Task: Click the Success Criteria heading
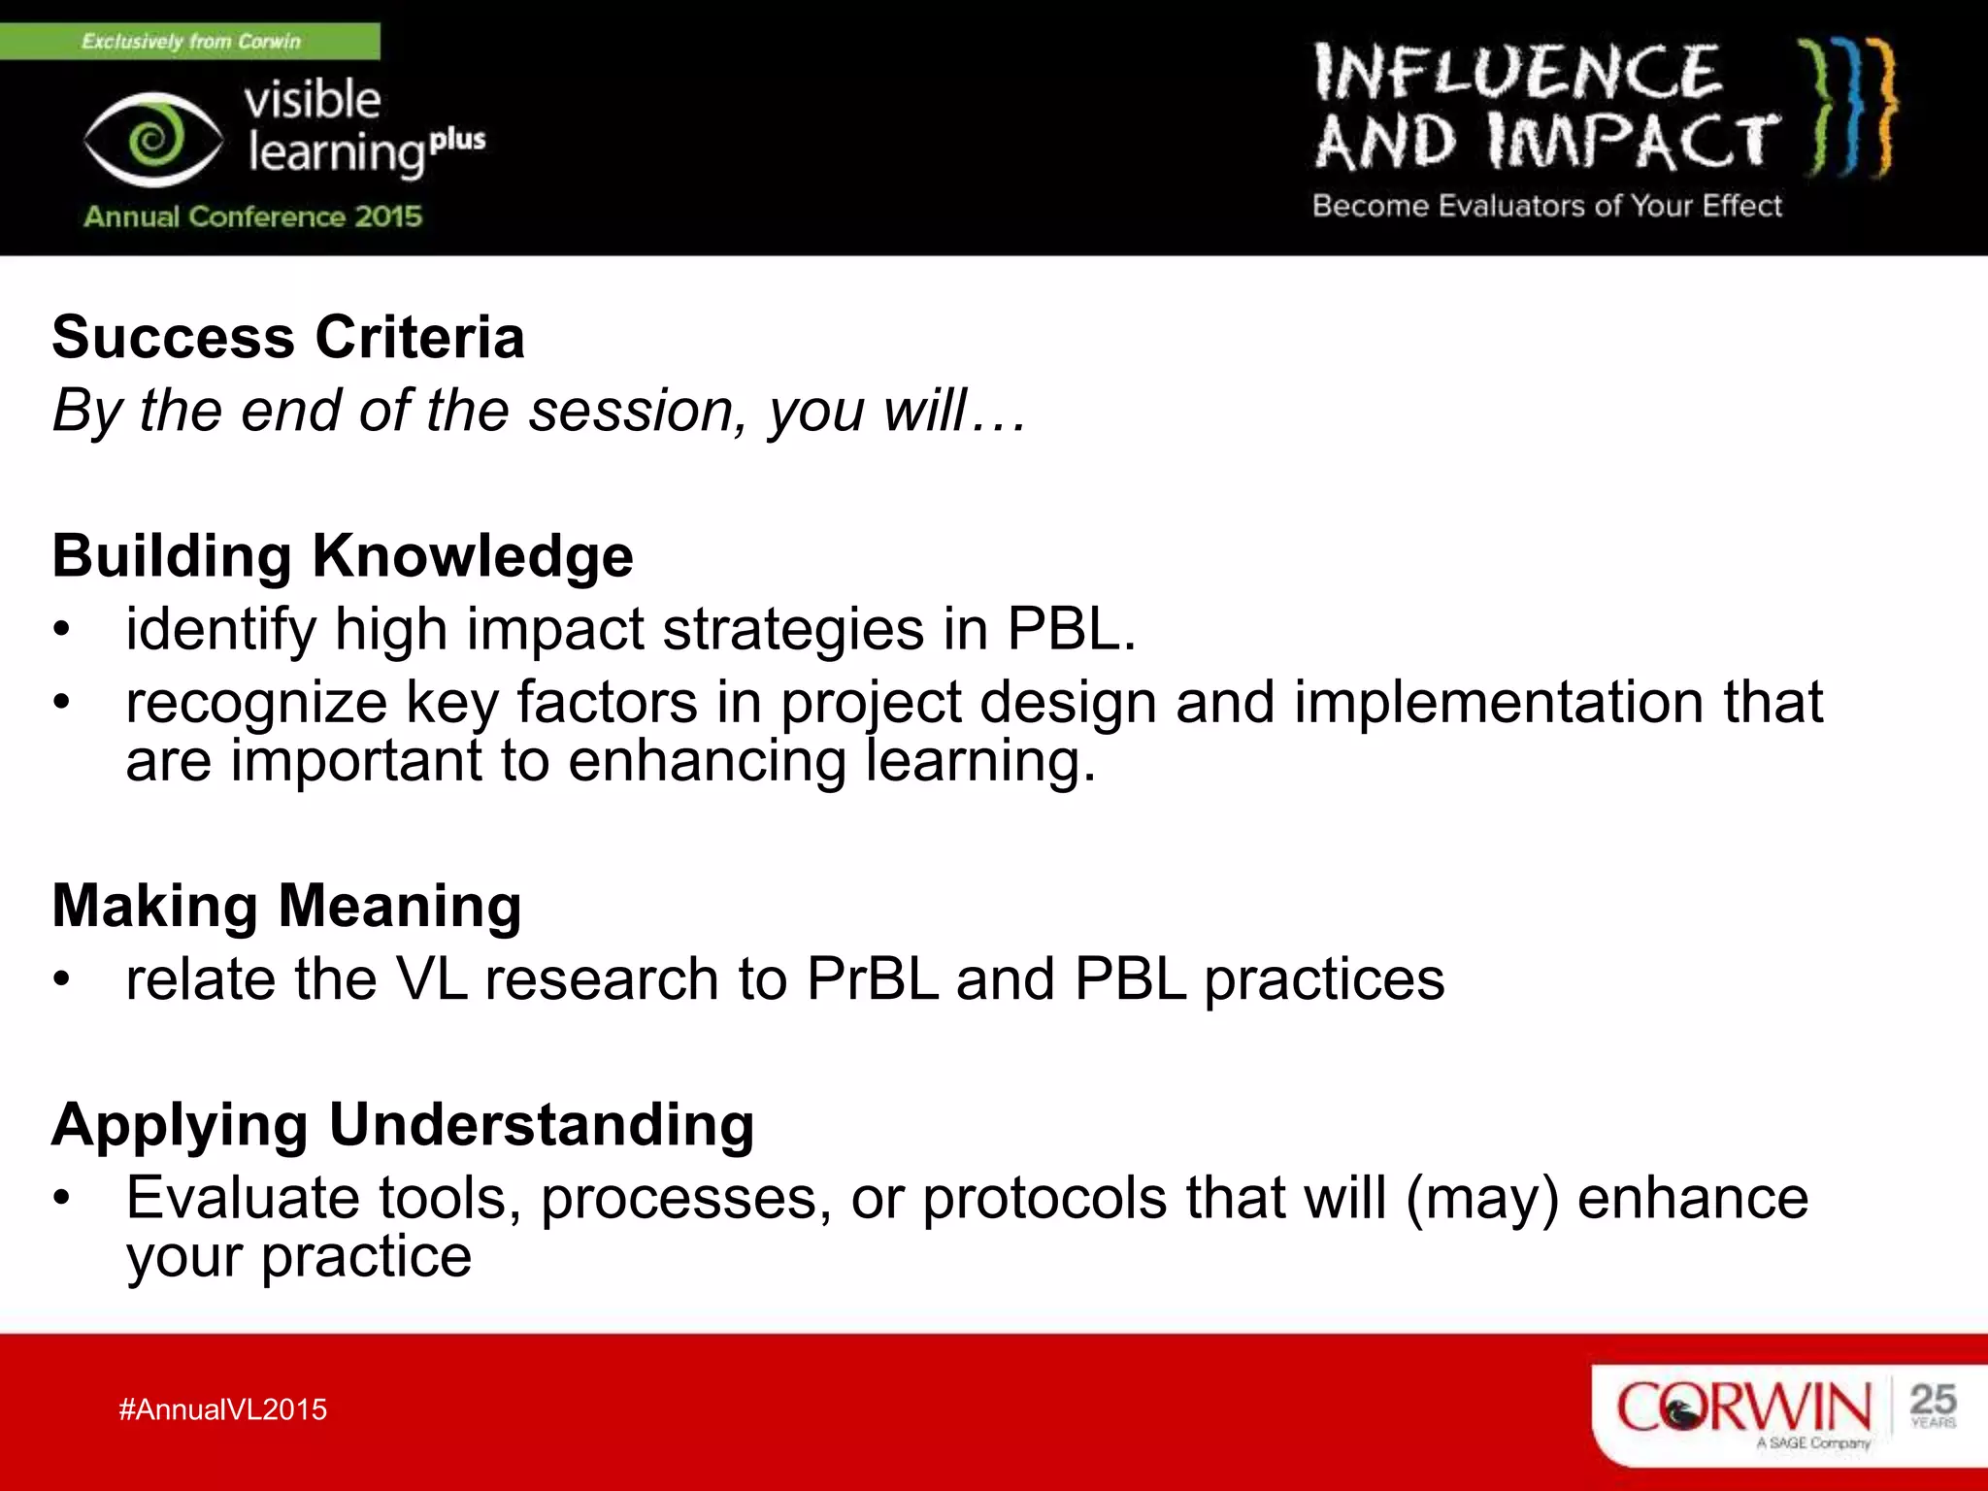[x=288, y=338]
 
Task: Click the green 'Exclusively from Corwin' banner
[x=190, y=42]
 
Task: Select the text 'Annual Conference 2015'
[x=252, y=216]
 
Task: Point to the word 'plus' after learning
[x=457, y=140]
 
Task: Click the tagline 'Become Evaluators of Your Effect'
[x=1546, y=206]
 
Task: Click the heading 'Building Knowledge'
[x=343, y=556]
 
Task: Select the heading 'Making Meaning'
[x=287, y=906]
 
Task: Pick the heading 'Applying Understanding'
[x=403, y=1124]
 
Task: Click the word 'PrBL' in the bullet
[x=872, y=978]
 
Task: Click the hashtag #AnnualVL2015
[x=223, y=1409]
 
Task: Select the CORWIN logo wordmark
[x=1743, y=1408]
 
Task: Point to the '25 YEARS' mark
[x=1932, y=1406]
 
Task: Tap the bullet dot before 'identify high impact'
[x=62, y=630]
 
